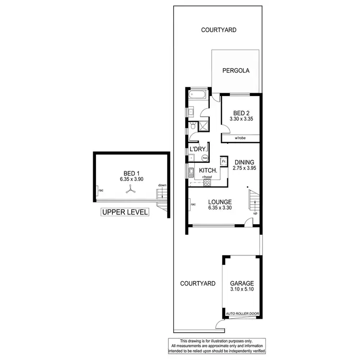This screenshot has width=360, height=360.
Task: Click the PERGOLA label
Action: (x=236, y=71)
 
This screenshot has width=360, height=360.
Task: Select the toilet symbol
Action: (x=192, y=127)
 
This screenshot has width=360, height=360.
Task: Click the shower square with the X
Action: (x=204, y=127)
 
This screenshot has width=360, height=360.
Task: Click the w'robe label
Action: (x=240, y=139)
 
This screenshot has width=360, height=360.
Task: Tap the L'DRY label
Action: (x=198, y=150)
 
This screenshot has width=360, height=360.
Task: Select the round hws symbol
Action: (x=205, y=157)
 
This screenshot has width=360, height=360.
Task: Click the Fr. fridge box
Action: (x=224, y=161)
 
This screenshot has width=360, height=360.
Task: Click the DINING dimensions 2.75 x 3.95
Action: (x=242, y=168)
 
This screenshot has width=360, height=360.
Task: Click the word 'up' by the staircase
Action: (x=255, y=213)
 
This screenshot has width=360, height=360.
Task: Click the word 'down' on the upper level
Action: (x=162, y=186)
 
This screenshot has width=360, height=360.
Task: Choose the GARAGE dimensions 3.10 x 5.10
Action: (x=242, y=290)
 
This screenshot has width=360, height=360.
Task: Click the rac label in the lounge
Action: (x=193, y=205)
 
